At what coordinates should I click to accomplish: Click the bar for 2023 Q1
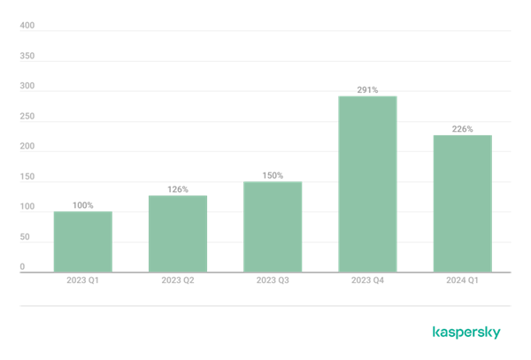(x=83, y=241)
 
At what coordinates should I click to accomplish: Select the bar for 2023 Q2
(x=178, y=234)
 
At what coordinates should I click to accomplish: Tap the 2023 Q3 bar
(x=273, y=226)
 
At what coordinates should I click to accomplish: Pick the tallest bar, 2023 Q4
(x=368, y=184)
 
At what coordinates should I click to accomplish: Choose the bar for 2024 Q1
(x=463, y=203)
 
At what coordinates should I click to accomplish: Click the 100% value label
(x=83, y=205)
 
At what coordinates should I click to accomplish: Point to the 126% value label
(x=178, y=189)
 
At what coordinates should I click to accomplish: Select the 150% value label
(x=273, y=176)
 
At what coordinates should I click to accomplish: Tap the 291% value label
(x=368, y=90)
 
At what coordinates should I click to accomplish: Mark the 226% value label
(x=463, y=129)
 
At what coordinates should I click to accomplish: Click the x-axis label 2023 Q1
(x=82, y=280)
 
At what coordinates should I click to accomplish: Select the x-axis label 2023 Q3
(x=273, y=280)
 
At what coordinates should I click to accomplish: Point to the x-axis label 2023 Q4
(x=368, y=280)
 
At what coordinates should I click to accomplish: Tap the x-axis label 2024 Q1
(x=462, y=280)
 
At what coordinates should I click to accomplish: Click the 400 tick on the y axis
(x=27, y=26)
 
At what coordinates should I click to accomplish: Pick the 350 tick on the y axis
(x=27, y=56)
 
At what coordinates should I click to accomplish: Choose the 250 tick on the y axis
(x=27, y=116)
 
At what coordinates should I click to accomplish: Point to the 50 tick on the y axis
(x=25, y=237)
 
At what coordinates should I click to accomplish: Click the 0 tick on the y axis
(x=22, y=266)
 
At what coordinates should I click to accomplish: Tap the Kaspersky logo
(x=466, y=333)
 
